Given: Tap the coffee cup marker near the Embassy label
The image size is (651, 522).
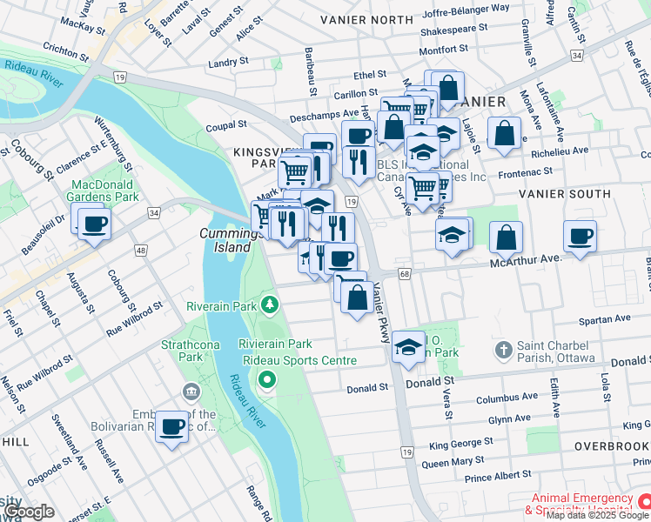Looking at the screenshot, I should click(x=172, y=426).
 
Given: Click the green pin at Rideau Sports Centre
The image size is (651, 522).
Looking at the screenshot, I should click(x=267, y=380).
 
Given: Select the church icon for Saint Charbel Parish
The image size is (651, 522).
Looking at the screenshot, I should click(x=502, y=351).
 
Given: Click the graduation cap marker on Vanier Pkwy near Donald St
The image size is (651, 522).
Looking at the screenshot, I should click(x=408, y=346).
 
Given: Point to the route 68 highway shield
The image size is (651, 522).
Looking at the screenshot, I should click(x=405, y=274).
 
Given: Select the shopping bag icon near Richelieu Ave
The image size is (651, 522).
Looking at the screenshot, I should click(x=506, y=134).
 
